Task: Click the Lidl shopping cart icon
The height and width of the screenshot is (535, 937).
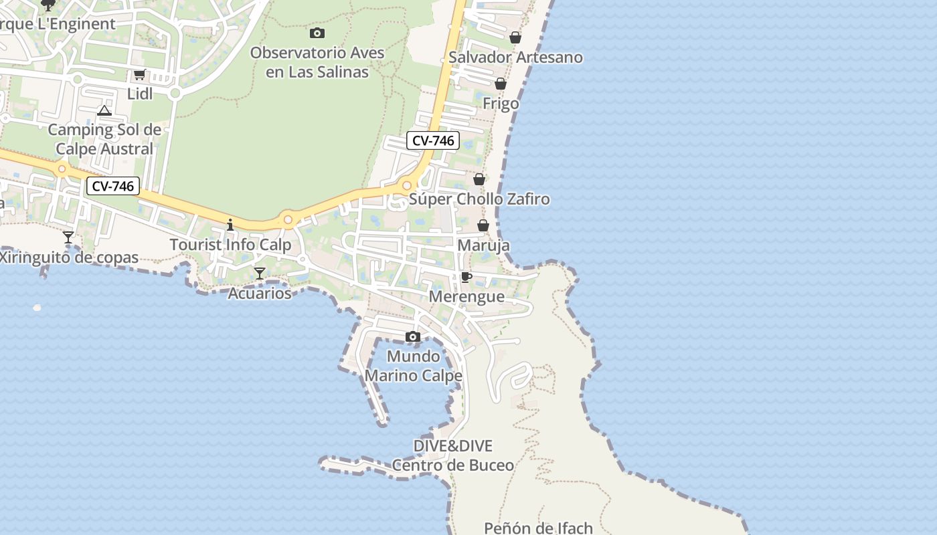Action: [139, 74]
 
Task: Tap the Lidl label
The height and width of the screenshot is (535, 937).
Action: [140, 94]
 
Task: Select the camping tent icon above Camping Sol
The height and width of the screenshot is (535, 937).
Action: [104, 110]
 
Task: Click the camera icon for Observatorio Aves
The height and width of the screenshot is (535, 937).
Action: [317, 33]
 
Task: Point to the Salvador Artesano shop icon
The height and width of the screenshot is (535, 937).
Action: [515, 37]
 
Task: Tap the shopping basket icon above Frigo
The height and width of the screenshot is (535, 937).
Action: [500, 84]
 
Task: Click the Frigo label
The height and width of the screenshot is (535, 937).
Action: [501, 104]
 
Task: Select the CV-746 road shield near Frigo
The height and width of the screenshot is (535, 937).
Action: [433, 140]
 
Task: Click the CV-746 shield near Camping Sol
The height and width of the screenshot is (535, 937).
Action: [113, 186]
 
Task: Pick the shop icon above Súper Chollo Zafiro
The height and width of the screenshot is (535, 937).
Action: [479, 179]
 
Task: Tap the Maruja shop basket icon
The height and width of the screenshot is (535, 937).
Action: [483, 225]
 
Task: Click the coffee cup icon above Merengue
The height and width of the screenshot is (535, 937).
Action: [466, 277]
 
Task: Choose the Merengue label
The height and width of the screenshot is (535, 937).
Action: [466, 296]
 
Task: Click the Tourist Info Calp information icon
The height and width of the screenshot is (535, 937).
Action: [230, 225]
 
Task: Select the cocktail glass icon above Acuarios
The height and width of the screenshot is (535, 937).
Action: [260, 273]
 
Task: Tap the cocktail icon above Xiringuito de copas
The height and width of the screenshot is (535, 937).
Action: [68, 237]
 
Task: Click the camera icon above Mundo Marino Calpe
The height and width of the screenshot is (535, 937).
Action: [413, 336]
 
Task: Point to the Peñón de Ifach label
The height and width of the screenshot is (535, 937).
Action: [538, 528]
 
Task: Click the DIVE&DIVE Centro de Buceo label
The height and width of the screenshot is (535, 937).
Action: [453, 455]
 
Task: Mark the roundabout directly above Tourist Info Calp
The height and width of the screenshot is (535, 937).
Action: [288, 219]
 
